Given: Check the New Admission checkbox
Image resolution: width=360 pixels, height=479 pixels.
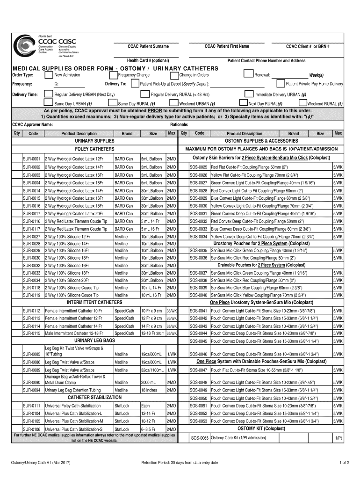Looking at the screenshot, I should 48,75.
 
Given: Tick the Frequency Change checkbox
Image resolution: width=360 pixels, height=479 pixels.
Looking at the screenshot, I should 113,75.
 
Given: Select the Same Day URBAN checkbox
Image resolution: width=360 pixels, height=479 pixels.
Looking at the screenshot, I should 48,103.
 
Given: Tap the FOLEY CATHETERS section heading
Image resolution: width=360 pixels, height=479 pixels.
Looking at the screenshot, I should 94,149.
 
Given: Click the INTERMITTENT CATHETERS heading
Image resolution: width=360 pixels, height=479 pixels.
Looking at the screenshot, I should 94,303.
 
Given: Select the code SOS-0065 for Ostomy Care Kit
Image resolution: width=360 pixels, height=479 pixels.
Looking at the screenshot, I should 199,438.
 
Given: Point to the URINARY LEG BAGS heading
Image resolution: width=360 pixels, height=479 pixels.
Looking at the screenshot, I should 94,340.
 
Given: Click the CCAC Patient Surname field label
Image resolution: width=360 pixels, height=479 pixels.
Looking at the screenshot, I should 148,46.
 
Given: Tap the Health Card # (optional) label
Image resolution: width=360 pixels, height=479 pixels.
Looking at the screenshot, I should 148,61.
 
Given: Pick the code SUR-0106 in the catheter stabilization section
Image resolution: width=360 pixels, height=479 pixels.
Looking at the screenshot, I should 32,429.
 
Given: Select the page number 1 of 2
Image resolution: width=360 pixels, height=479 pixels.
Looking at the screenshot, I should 344,463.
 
